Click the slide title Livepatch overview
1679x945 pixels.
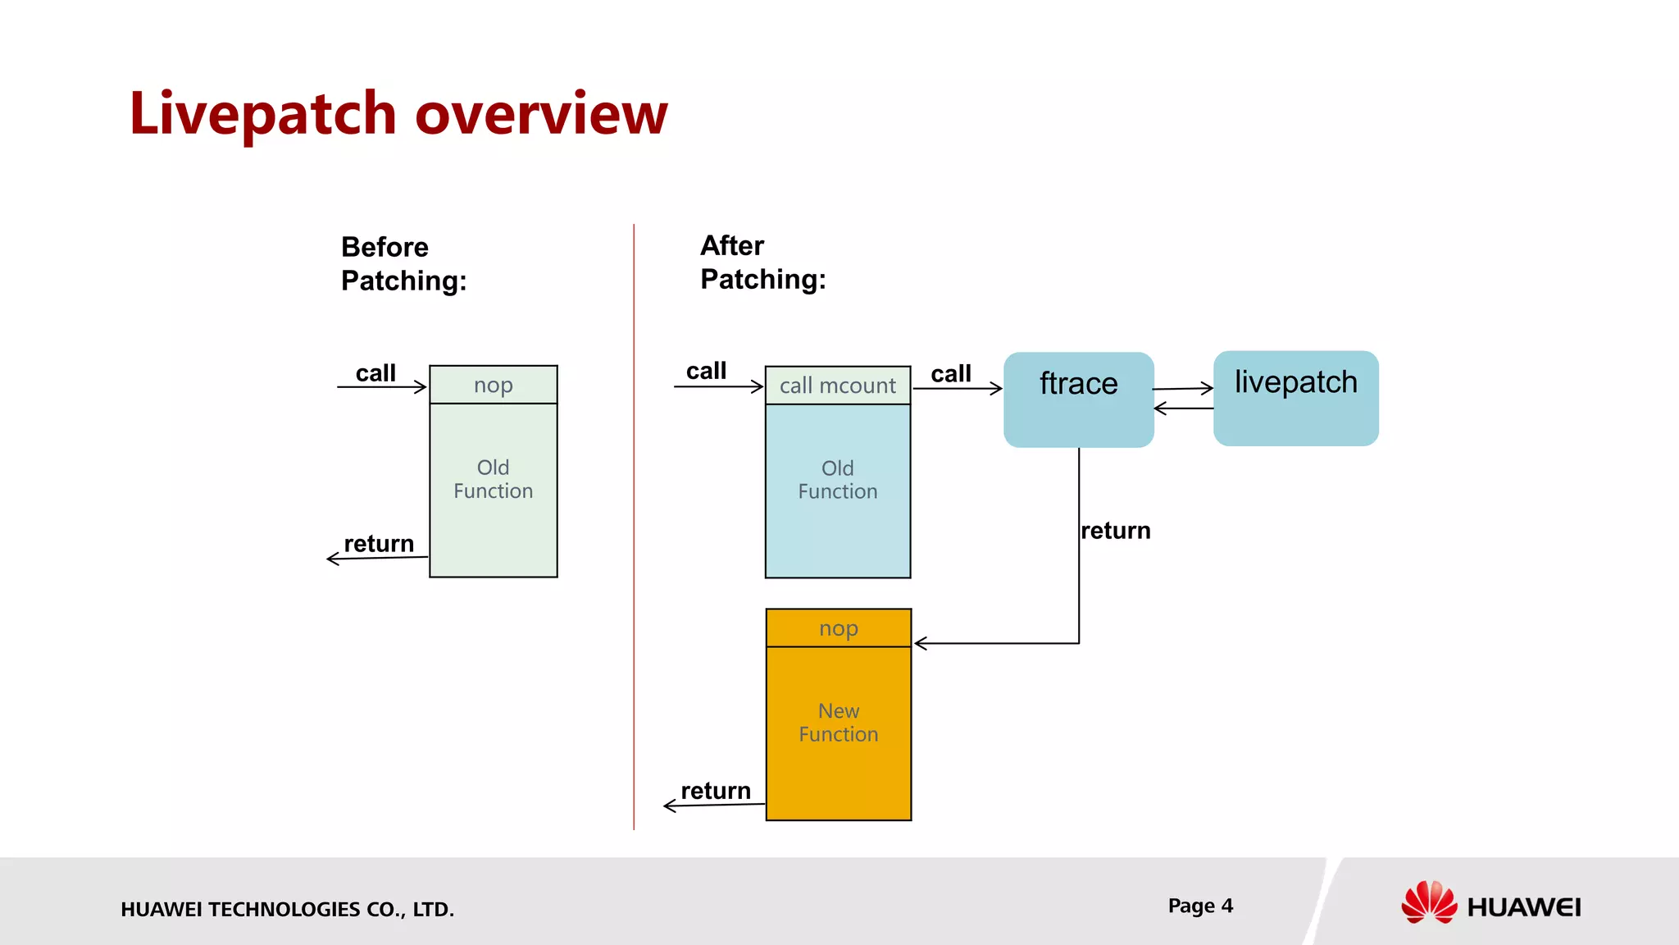(x=398, y=113)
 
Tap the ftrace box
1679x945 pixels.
(x=1078, y=399)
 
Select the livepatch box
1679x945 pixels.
(x=1295, y=399)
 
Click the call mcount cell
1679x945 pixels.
(x=837, y=386)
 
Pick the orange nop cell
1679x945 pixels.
(x=838, y=628)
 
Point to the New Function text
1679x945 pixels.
(x=838, y=723)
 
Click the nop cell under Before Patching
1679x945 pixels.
(x=493, y=385)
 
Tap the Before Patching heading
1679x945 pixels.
(x=403, y=264)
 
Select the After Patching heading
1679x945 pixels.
(x=762, y=262)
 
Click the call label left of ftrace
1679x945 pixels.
(x=950, y=374)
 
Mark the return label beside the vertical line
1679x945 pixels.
(x=1115, y=531)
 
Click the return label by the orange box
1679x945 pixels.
(x=715, y=791)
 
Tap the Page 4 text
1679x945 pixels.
(x=1200, y=906)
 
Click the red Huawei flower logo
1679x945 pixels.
(x=1428, y=902)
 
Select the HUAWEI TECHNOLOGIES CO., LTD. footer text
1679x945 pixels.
(x=287, y=909)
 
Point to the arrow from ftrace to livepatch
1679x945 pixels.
(x=1183, y=389)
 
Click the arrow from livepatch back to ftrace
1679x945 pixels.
(x=1183, y=408)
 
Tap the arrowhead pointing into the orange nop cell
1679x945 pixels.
(x=920, y=643)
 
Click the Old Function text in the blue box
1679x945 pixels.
(x=837, y=480)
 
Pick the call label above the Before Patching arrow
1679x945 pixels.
(x=375, y=373)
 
